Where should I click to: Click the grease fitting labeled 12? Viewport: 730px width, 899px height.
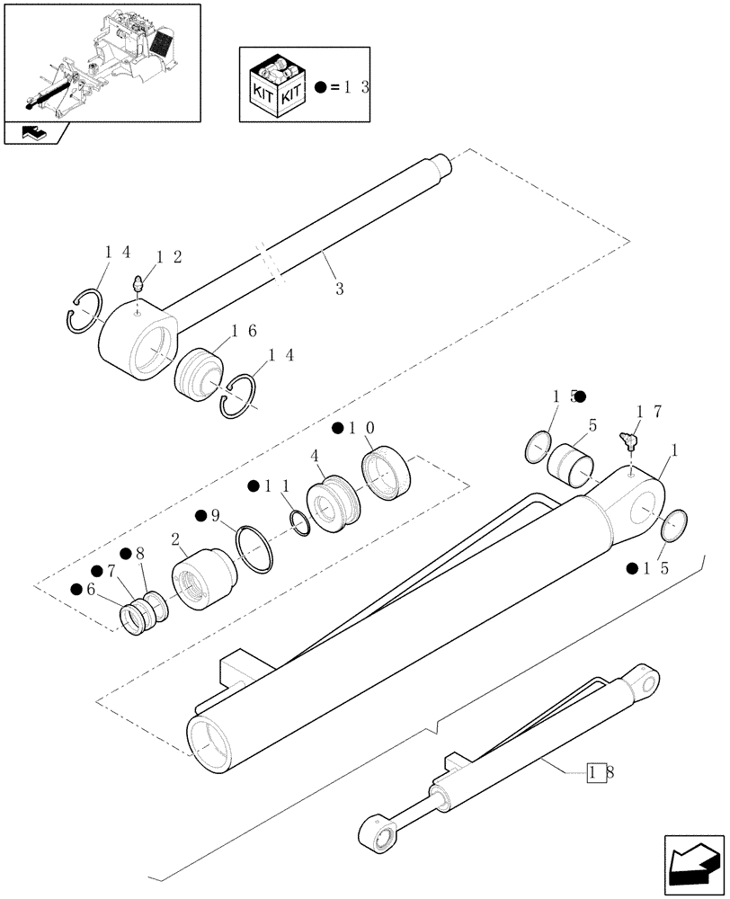coord(137,285)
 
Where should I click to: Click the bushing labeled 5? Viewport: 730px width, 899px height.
coord(572,463)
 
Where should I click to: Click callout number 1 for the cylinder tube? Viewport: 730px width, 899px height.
coord(674,449)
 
